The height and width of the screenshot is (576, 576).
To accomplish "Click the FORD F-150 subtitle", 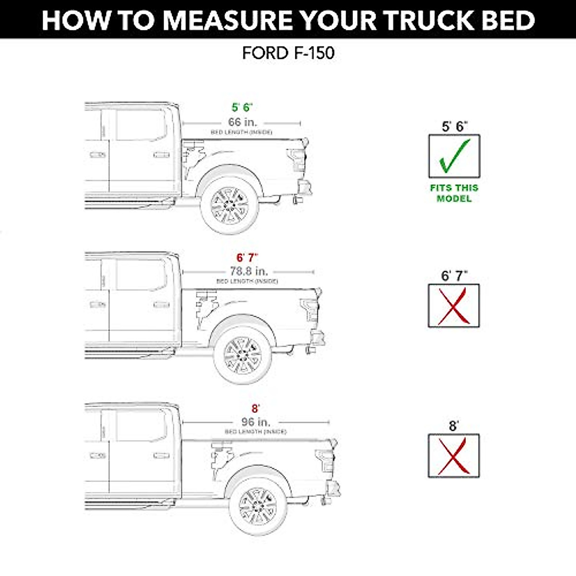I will [288, 53].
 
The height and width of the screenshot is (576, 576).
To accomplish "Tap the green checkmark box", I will [454, 156].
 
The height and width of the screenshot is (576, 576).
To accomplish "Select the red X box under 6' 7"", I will [454, 306].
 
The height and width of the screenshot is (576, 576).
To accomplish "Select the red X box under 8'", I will [454, 456].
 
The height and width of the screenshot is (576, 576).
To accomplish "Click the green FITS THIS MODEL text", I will [454, 193].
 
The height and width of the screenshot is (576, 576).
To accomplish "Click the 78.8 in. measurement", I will [248, 271].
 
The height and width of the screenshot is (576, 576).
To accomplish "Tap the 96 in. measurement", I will [255, 422].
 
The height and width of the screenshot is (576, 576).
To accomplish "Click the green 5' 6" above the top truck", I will [242, 108].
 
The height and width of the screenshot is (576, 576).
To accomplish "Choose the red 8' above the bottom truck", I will [255, 408].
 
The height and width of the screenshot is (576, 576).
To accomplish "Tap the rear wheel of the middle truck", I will [243, 356].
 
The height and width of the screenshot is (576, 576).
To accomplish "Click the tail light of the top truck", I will [294, 158].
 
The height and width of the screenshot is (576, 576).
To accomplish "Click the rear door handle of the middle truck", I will [161, 305].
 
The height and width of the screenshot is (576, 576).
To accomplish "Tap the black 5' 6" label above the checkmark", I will [454, 126].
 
